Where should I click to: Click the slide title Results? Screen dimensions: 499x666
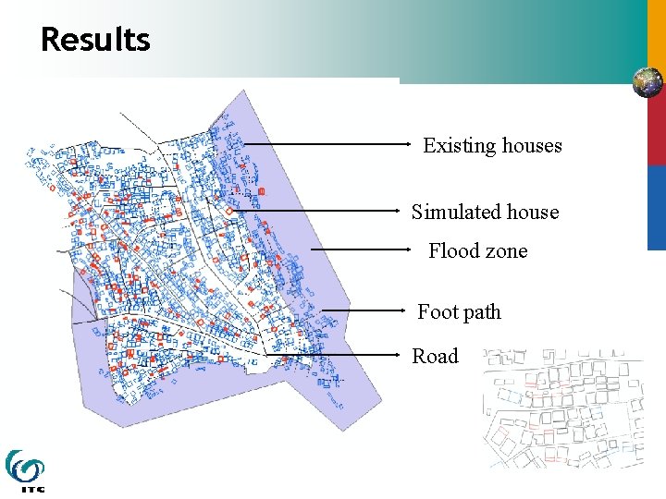point(95,40)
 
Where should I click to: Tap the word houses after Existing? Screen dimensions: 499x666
point(532,146)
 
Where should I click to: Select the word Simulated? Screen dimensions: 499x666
point(455,213)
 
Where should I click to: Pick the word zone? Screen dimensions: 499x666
point(505,251)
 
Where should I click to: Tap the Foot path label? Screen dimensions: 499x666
point(459,312)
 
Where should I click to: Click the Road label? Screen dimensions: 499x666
point(435,357)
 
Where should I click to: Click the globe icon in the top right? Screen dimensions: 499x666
point(647,82)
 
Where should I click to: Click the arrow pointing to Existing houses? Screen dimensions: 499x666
point(328,144)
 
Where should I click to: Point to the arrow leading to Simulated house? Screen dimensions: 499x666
point(319,211)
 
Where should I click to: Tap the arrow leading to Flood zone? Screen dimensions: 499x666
point(361,249)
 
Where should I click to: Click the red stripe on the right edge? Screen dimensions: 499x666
point(656,129)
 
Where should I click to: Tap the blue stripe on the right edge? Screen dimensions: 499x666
point(656,208)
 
